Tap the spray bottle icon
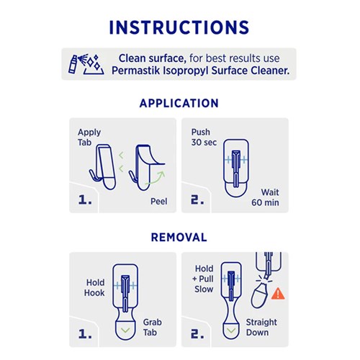(77, 63)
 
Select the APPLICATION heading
(179, 103)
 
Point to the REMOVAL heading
(179, 237)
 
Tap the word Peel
(158, 201)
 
